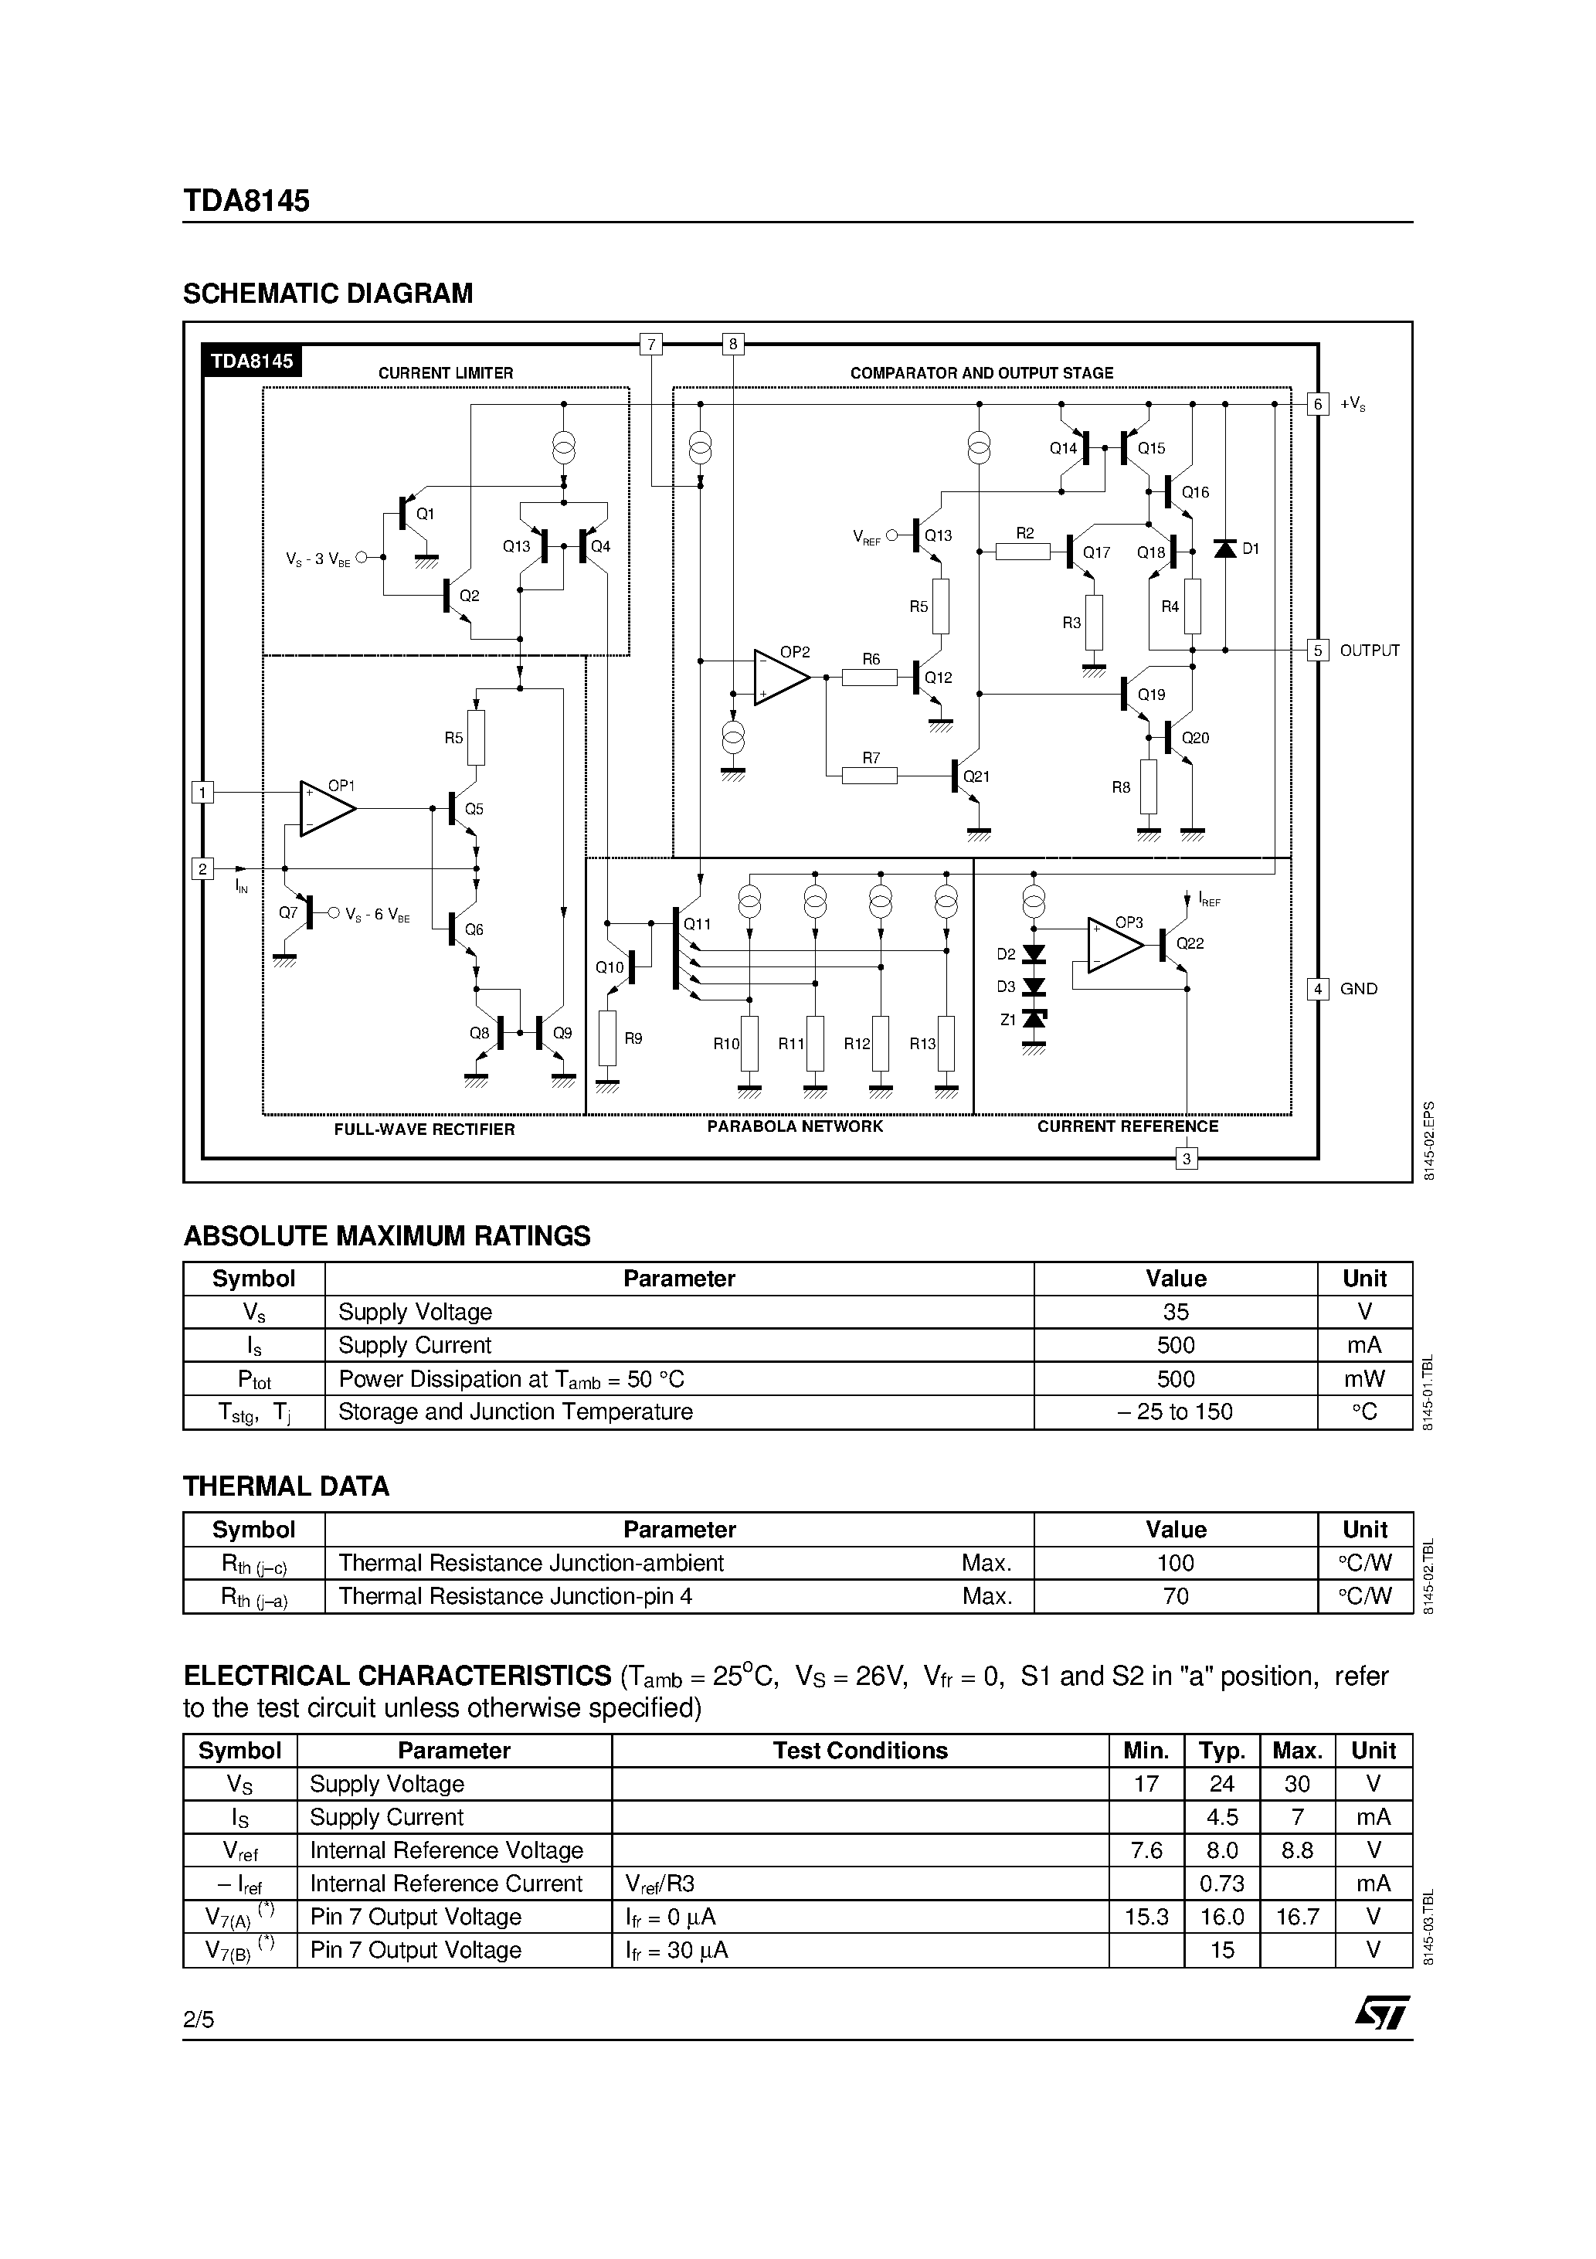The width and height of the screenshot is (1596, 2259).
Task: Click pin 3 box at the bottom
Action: [1187, 1159]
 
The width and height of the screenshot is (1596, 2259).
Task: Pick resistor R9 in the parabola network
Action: [607, 1038]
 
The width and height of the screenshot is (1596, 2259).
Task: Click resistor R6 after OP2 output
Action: [871, 677]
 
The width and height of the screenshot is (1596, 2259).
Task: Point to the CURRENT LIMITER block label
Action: [446, 374]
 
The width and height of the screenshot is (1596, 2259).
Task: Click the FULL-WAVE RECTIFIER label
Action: [424, 1129]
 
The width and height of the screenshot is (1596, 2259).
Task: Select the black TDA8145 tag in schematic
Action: [252, 361]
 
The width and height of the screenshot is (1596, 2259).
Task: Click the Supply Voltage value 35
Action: [1175, 1313]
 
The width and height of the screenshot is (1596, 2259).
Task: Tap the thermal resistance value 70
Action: [1175, 1596]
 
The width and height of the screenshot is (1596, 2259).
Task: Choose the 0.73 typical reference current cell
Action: [1221, 1884]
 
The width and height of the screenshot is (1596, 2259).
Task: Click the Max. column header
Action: [1296, 1751]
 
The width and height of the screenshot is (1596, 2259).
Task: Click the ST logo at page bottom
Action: [1383, 2012]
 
